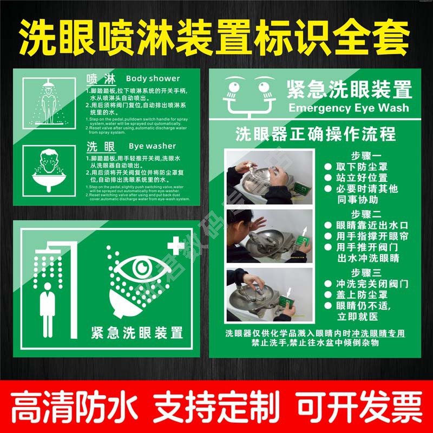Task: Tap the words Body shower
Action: [153, 78]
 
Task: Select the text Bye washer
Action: [152, 146]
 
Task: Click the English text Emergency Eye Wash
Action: [349, 108]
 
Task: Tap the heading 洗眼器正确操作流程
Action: [316, 134]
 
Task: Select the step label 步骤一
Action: [366, 154]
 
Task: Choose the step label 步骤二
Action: [366, 213]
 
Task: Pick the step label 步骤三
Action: [366, 272]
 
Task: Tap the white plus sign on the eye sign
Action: [175, 246]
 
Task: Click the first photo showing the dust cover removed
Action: [270, 178]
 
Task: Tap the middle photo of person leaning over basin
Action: [270, 236]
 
